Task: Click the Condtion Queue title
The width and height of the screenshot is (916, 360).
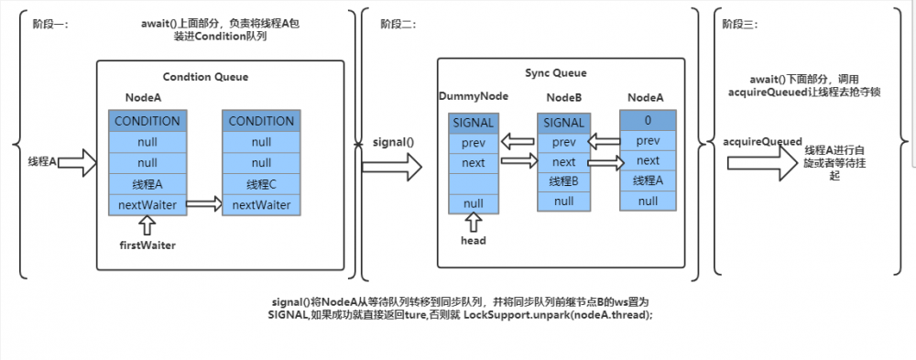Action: coord(205,77)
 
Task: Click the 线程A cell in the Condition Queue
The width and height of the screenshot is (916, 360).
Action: coord(147,183)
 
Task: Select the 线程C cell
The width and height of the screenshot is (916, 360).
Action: coord(261,183)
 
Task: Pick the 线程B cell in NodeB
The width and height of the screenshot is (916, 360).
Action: coord(563,180)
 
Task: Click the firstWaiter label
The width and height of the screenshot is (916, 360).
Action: coord(147,245)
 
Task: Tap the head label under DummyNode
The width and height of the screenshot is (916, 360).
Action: coord(474,240)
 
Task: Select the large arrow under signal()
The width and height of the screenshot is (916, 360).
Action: coord(392,167)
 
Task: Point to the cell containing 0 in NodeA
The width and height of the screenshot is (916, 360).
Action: coord(648,121)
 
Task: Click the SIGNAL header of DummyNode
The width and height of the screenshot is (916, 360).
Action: coord(474,123)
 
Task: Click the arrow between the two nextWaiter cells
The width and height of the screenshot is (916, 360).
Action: coord(204,204)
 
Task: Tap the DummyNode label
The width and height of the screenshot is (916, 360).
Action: coord(474,96)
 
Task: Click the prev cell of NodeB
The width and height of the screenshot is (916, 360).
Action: coord(563,141)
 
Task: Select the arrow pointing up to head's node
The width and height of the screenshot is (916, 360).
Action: coord(474,221)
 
